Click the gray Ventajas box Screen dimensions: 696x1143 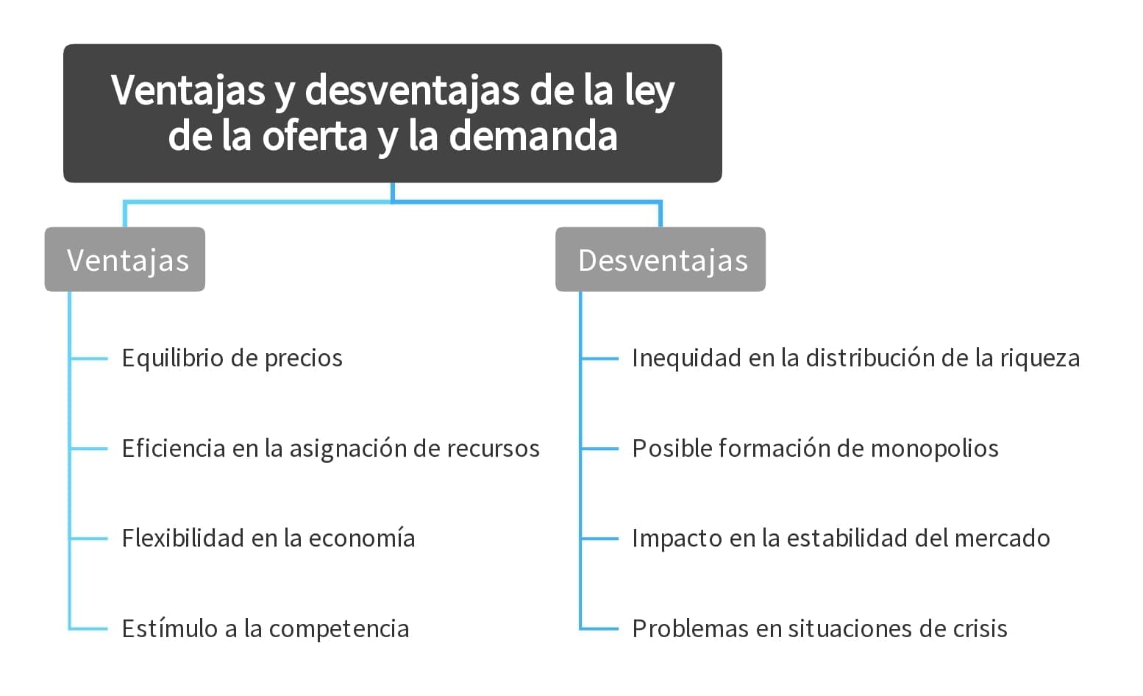(x=125, y=260)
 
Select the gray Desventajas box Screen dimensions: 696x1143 (x=660, y=260)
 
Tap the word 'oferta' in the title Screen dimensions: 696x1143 (x=314, y=136)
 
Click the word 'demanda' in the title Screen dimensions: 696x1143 (x=533, y=136)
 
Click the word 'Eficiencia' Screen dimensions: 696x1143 (x=174, y=449)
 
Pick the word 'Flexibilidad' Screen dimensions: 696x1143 (x=183, y=539)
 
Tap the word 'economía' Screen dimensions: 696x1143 (x=362, y=539)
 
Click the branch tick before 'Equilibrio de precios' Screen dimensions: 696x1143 (x=89, y=359)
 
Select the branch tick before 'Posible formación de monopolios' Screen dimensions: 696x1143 (x=599, y=449)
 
